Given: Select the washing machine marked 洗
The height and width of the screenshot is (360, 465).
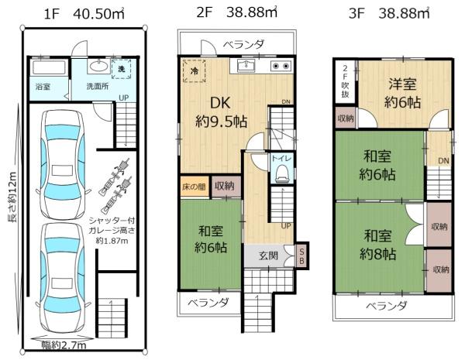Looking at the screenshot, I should point(122,69).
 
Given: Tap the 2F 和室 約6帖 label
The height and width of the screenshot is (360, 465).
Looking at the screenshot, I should point(210,239).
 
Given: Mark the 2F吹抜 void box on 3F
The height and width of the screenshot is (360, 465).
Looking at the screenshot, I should point(346,80).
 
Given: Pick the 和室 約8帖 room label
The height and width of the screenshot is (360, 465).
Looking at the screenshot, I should point(380,244).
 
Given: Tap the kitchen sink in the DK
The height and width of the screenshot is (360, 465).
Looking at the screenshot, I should point(247,66).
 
